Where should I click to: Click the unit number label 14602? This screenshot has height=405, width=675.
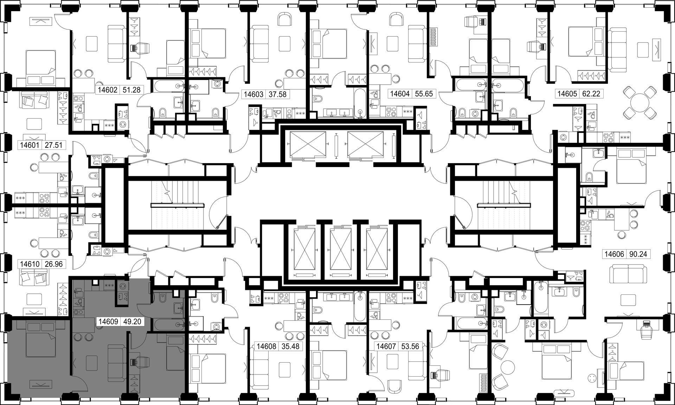107,90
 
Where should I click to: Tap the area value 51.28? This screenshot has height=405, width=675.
131,90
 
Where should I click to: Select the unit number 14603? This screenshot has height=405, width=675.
253,94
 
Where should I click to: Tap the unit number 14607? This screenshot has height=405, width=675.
386,346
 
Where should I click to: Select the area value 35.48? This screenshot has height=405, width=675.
291,346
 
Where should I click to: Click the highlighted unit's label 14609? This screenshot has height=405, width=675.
108,321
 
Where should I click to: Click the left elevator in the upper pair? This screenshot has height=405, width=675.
307,145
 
